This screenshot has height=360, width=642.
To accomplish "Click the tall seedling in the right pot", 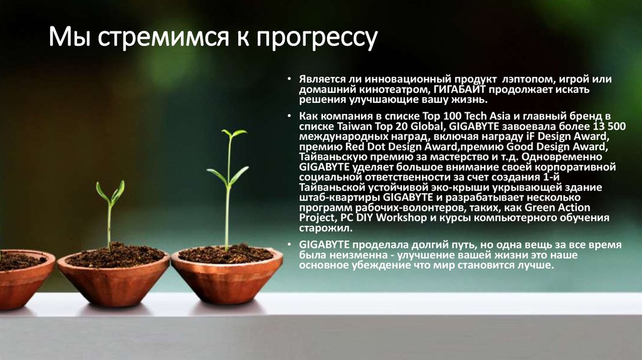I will pyautogui.click(x=229, y=188).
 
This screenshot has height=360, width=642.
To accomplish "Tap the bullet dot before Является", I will pyautogui.click(x=290, y=80).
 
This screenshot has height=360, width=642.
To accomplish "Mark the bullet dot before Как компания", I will pyautogui.click(x=290, y=117).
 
